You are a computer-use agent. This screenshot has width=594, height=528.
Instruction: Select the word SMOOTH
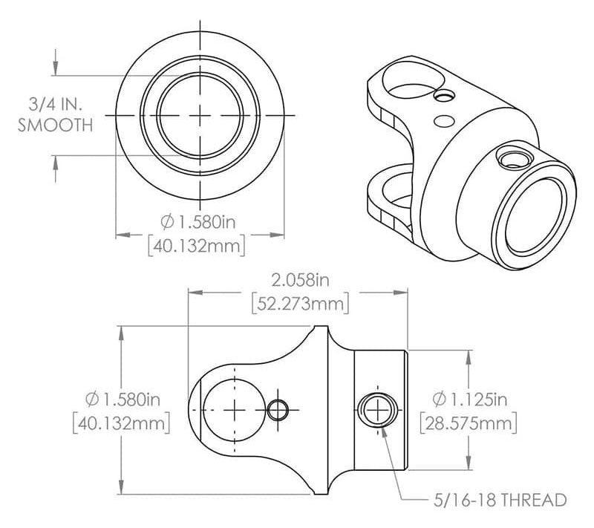click(x=55, y=125)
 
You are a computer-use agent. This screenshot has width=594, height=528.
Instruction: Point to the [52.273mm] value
click(x=299, y=304)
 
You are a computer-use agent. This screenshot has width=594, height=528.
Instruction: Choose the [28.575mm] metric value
click(x=467, y=423)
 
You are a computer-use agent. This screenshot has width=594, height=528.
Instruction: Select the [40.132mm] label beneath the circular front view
click(x=196, y=245)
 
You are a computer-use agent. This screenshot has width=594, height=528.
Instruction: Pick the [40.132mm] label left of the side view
click(x=121, y=423)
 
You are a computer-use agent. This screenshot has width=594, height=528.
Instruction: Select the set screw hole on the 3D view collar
click(x=511, y=157)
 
